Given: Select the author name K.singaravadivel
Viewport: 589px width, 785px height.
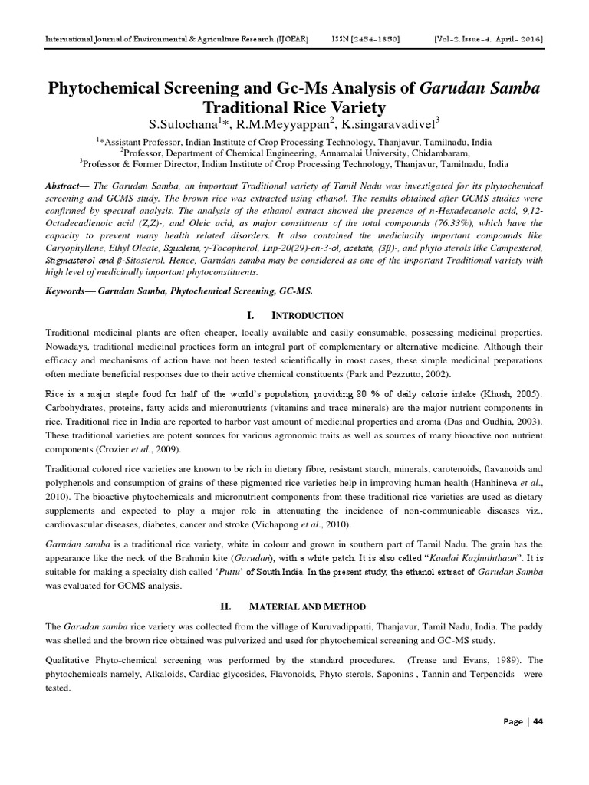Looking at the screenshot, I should tap(391, 124).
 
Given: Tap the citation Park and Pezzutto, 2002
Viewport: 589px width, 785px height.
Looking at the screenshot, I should tap(391, 373).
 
